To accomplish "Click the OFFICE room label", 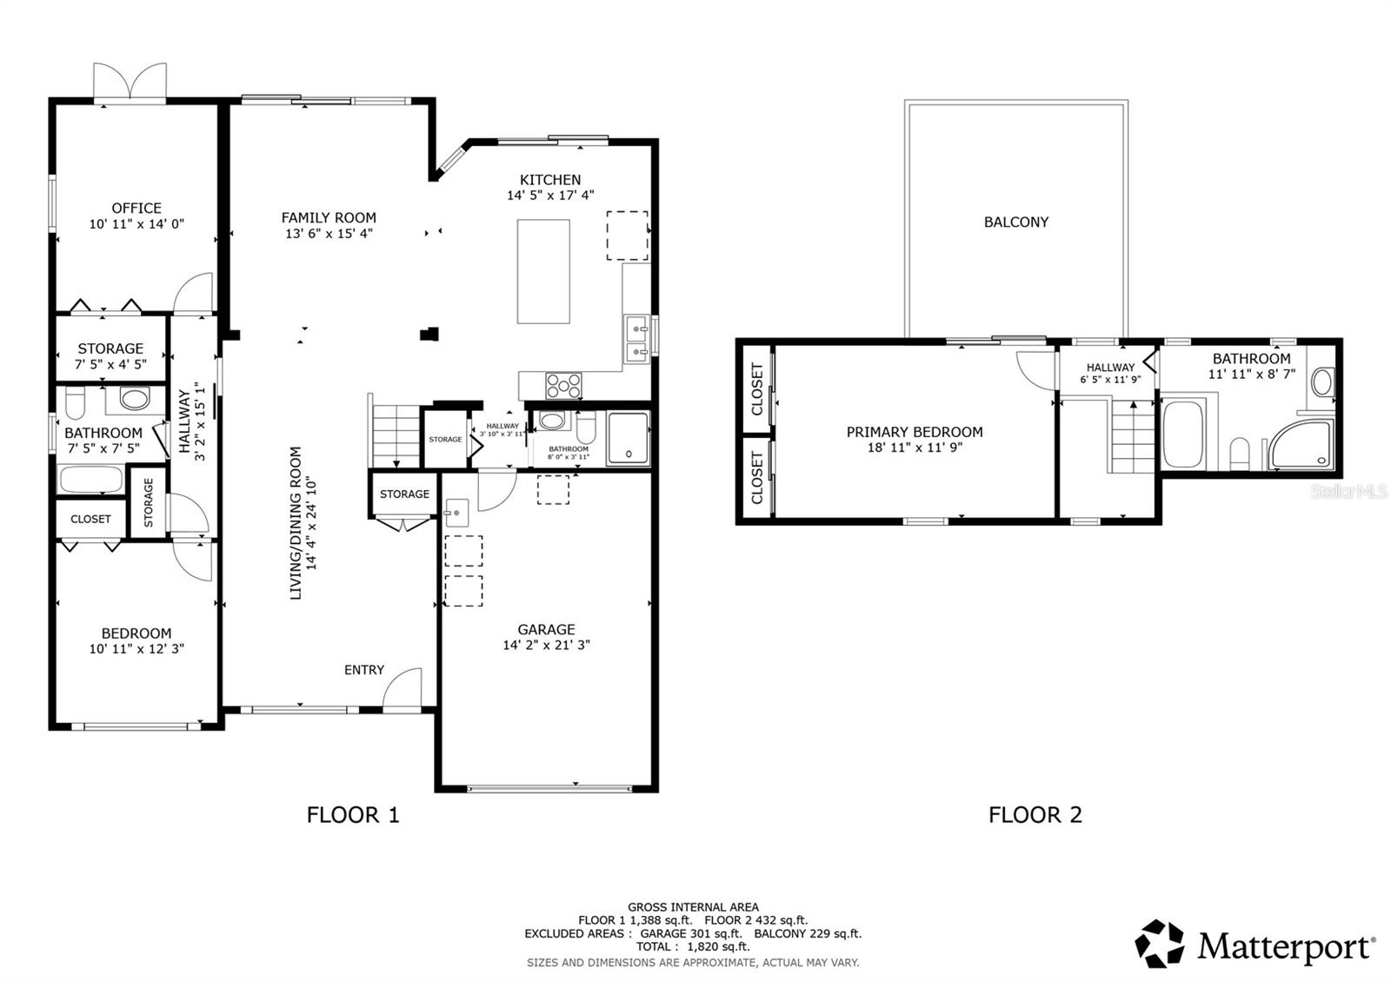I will pos(136,208).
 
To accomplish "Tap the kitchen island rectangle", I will pos(544,272).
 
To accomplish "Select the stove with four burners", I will pos(563,384).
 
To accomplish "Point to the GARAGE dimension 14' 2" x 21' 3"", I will pos(546,645).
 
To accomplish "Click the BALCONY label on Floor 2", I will pos(1015,222).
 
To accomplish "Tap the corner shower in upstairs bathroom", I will pos(1300,446).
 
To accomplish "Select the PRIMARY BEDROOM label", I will pos(915,432).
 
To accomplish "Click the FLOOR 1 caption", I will pos(353,814).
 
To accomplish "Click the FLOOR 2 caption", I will pos(1035,814).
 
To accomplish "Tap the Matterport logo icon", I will pos(1160,944).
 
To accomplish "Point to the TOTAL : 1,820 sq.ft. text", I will pos(692,946).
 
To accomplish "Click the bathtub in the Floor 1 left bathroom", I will pos(90,480).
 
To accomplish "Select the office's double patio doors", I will pos(130,83).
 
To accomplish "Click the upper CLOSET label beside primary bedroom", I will pos(756,389).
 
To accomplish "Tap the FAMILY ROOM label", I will pos(329,217).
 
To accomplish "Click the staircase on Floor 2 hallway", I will pos(1132,435).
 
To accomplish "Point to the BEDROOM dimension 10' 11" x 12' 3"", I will pos(136,648).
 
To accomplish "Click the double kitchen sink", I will pos(636,340).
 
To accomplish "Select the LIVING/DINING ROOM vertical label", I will pos(296,523).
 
